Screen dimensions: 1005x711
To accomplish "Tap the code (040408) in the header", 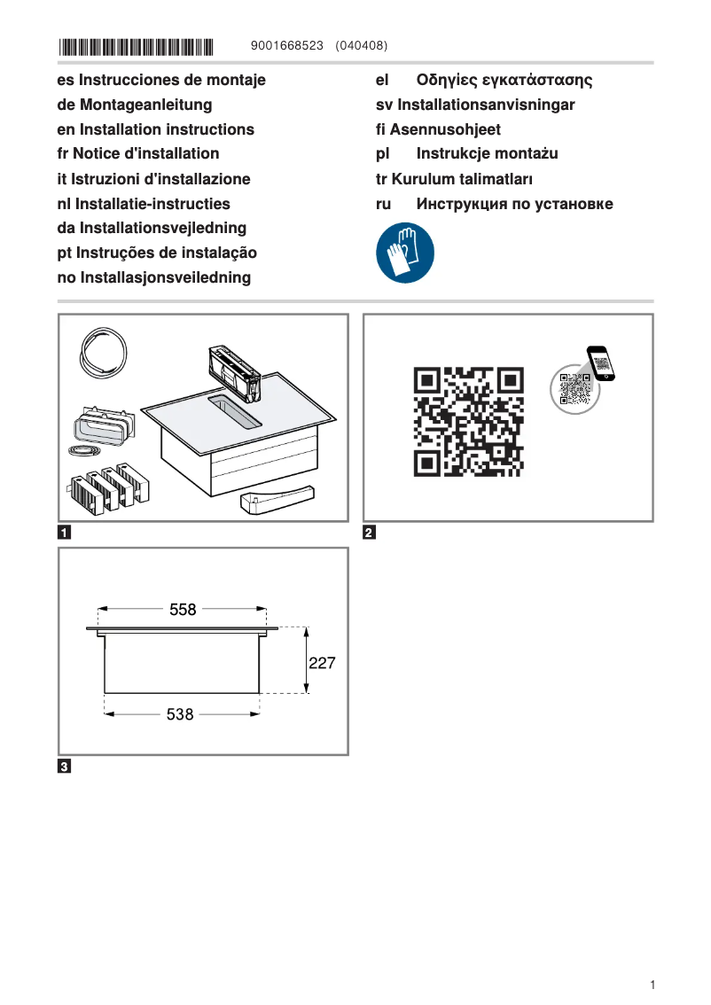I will click(362, 45).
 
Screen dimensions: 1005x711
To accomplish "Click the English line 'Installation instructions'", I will click(167, 129).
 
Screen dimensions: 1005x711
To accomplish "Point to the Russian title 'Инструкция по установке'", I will click(514, 204).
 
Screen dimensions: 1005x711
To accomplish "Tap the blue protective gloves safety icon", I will click(405, 253).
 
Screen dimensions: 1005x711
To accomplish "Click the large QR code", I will click(469, 422).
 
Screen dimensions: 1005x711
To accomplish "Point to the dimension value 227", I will click(322, 662).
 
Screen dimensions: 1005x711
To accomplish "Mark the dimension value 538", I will click(180, 714).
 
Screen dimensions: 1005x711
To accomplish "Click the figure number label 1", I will click(65, 533).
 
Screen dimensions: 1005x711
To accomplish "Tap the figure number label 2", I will click(370, 533).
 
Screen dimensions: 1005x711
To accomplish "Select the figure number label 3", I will click(65, 766).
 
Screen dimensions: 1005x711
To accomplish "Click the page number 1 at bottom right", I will click(652, 985).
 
